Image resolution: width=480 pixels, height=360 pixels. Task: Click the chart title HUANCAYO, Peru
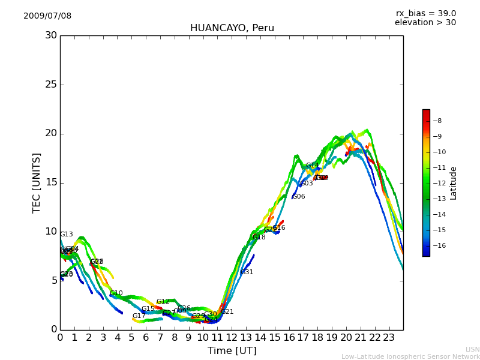coord(232,28)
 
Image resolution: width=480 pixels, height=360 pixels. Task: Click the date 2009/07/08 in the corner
coord(47,16)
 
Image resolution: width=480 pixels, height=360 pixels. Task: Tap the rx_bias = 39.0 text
coord(425,13)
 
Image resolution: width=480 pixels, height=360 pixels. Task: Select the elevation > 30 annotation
coord(425,23)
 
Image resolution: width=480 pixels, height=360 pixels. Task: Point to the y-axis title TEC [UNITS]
coord(37,182)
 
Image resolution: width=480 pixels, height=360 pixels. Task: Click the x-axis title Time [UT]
coord(232,351)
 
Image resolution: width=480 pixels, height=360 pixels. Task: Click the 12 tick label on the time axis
coord(232,337)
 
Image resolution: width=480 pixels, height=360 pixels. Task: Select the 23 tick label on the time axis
coord(389,337)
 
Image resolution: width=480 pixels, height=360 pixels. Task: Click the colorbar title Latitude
coord(454,183)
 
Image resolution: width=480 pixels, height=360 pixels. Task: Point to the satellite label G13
coord(66,235)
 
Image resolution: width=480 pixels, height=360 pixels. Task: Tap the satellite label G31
coord(247,272)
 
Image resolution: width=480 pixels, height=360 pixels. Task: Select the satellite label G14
coord(313,166)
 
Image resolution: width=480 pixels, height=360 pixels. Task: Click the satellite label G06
coord(298,197)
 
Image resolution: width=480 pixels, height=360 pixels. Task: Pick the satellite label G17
coord(139,316)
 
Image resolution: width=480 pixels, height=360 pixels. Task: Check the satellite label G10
coord(116,293)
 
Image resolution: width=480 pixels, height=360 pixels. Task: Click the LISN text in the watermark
coord(472,349)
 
